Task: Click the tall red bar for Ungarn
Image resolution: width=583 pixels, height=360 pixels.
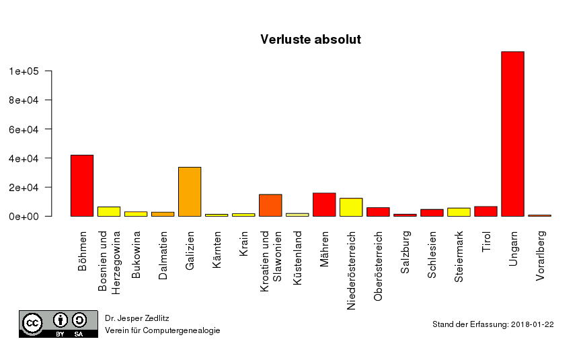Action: click(x=512, y=134)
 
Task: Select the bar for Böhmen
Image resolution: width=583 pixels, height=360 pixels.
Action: click(x=82, y=186)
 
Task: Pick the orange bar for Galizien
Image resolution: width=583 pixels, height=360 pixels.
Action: click(x=190, y=192)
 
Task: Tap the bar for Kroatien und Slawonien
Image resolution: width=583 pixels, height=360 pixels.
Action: click(x=270, y=205)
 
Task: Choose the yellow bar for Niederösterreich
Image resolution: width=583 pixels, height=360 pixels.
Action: click(x=351, y=207)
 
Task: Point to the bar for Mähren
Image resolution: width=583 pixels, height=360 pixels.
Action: click(x=324, y=205)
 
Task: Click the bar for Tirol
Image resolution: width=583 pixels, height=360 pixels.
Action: click(x=485, y=211)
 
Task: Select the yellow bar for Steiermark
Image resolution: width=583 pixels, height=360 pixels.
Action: click(x=459, y=212)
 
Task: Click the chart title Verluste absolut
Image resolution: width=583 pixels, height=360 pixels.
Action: click(x=311, y=40)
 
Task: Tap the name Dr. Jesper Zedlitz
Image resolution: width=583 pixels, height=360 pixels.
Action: click(x=137, y=317)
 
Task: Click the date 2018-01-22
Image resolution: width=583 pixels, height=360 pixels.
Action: click(x=532, y=324)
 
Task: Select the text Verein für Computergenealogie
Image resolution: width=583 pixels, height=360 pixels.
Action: click(x=162, y=330)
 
